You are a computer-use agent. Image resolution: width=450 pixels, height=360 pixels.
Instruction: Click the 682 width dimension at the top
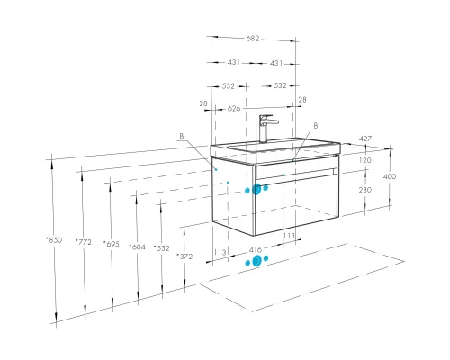[x=253, y=39]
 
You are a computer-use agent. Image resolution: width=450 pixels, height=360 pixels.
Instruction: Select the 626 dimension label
[x=234, y=108]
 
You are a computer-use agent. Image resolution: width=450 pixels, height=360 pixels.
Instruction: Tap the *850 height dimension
[x=54, y=240]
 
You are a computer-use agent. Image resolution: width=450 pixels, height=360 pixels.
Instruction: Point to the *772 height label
[x=84, y=242]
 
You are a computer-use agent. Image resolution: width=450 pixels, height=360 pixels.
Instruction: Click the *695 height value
[x=112, y=244]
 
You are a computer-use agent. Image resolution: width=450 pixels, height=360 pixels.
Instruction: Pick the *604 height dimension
[x=137, y=247]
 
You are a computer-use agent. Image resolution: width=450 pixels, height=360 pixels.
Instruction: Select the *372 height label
[x=184, y=256]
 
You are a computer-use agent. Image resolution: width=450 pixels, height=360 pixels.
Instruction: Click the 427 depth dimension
[x=365, y=139]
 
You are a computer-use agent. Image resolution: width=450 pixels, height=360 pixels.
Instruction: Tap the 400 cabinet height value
[x=390, y=176]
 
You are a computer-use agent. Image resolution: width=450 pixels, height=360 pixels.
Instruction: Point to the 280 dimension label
[x=365, y=190]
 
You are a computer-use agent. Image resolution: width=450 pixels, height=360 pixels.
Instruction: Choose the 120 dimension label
[x=365, y=160]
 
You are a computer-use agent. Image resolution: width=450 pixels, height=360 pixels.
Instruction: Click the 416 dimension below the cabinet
[x=256, y=249]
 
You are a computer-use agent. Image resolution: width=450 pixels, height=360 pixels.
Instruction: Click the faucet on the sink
[x=265, y=128]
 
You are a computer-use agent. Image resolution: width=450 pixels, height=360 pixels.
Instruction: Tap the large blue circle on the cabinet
[x=256, y=189]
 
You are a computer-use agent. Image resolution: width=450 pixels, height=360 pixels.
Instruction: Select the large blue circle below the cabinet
[x=256, y=261]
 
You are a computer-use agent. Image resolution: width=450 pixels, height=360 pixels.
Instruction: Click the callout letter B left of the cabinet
[x=182, y=136]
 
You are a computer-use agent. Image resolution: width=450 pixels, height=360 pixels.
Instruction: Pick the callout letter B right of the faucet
[x=316, y=126]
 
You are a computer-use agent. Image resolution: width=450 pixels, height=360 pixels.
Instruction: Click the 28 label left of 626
[x=203, y=103]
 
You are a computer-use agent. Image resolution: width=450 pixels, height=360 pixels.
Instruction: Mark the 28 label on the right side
[x=302, y=100]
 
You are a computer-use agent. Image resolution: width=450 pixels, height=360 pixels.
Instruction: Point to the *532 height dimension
[x=161, y=248]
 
